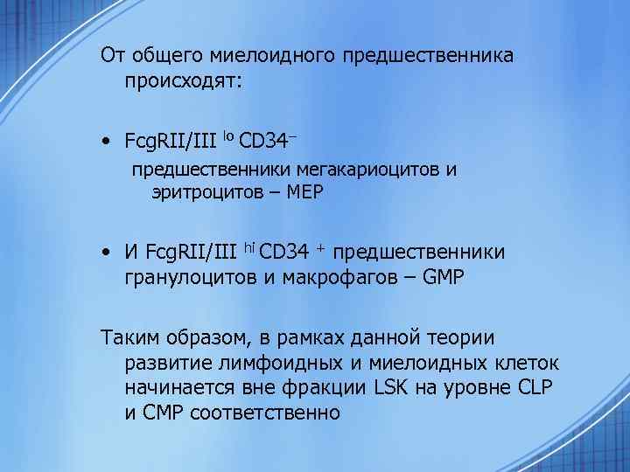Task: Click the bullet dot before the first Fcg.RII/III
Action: [x=106, y=141]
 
